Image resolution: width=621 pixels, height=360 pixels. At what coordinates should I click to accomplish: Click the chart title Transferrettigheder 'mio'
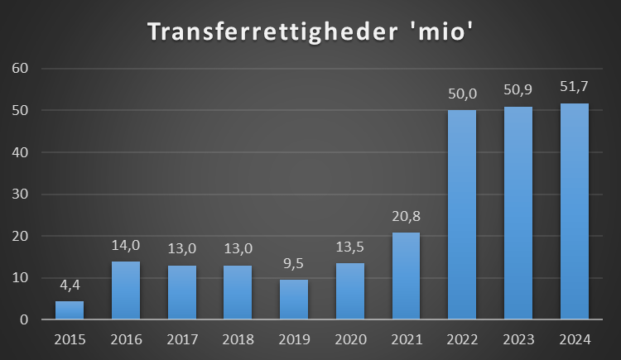coord(311,31)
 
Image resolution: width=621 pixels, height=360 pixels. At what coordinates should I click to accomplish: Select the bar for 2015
coord(70,310)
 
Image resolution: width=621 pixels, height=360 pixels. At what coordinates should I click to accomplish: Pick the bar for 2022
coord(462,215)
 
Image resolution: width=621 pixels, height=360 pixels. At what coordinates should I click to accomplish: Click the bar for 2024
coord(575,212)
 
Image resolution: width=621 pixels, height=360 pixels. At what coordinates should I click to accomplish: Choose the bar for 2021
coord(406,276)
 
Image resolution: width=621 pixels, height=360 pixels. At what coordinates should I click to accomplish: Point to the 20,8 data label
coord(406,217)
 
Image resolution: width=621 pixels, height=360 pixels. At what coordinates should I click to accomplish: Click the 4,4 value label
coord(70,286)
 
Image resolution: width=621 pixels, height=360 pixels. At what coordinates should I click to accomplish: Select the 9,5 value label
coord(294,264)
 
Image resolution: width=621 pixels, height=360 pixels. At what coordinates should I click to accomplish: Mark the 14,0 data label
coord(126,245)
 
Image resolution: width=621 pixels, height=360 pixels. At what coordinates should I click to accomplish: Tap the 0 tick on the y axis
coord(25,319)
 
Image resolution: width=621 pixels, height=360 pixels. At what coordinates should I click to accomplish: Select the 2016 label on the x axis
coord(126,340)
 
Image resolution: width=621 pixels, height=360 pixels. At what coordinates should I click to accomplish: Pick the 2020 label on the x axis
coord(350,340)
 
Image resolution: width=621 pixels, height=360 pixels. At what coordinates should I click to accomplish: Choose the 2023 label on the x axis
coord(518,340)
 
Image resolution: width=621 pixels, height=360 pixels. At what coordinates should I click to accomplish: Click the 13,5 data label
coord(350,247)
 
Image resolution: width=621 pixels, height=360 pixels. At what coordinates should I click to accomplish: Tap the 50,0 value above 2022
coord(462,94)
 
